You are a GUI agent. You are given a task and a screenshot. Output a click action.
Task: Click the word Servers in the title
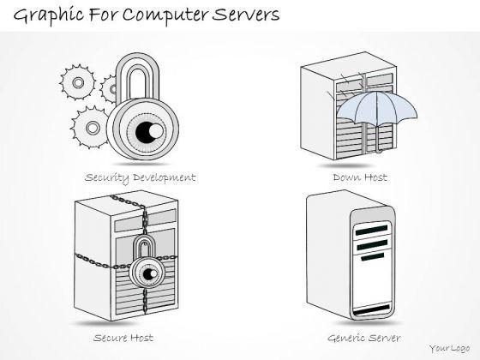tap(246, 15)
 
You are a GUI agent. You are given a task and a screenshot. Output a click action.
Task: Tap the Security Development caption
tap(141, 178)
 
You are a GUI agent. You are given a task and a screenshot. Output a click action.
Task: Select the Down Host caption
tap(360, 177)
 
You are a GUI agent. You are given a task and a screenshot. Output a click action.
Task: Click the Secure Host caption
tap(123, 338)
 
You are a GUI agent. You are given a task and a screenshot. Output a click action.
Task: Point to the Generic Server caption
tap(364, 338)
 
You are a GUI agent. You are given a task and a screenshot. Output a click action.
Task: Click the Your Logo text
tap(449, 348)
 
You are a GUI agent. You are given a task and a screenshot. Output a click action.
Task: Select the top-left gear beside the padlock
tap(78, 82)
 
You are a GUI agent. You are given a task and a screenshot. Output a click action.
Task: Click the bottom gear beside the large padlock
tap(91, 128)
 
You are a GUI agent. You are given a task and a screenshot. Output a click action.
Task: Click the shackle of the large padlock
tap(138, 76)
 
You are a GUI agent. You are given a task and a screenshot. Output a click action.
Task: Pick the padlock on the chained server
tap(147, 264)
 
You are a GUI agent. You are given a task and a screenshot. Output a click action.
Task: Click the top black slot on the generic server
tap(371, 230)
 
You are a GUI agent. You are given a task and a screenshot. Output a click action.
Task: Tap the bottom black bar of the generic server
tap(371, 309)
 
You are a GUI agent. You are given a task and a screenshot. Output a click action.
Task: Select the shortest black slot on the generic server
tap(372, 256)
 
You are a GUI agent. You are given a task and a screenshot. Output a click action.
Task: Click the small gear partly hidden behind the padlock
tap(109, 89)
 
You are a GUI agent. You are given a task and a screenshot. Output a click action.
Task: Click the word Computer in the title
tap(165, 15)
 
